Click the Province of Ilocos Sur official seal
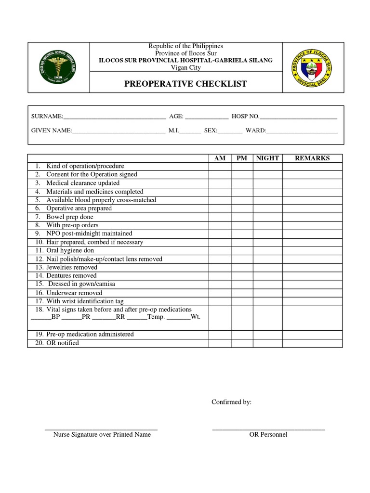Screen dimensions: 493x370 (x=313, y=67)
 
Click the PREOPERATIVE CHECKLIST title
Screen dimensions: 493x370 (x=185, y=84)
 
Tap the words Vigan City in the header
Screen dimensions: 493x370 (x=185, y=68)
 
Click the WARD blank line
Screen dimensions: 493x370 (x=302, y=130)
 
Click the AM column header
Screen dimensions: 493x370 (x=220, y=158)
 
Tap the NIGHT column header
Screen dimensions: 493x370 (x=267, y=158)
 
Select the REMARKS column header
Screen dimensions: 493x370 (x=312, y=158)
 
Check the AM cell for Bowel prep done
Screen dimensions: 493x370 (x=220, y=217)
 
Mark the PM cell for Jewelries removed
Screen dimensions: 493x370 (x=242, y=267)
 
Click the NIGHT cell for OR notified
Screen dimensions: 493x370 (x=268, y=343)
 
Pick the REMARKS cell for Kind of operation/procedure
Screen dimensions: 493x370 (x=312, y=167)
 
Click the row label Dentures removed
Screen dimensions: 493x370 (x=71, y=276)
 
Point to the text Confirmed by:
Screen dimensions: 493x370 (x=232, y=402)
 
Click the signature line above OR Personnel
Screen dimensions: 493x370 (x=268, y=428)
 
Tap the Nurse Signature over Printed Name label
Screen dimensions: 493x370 (x=102, y=435)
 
